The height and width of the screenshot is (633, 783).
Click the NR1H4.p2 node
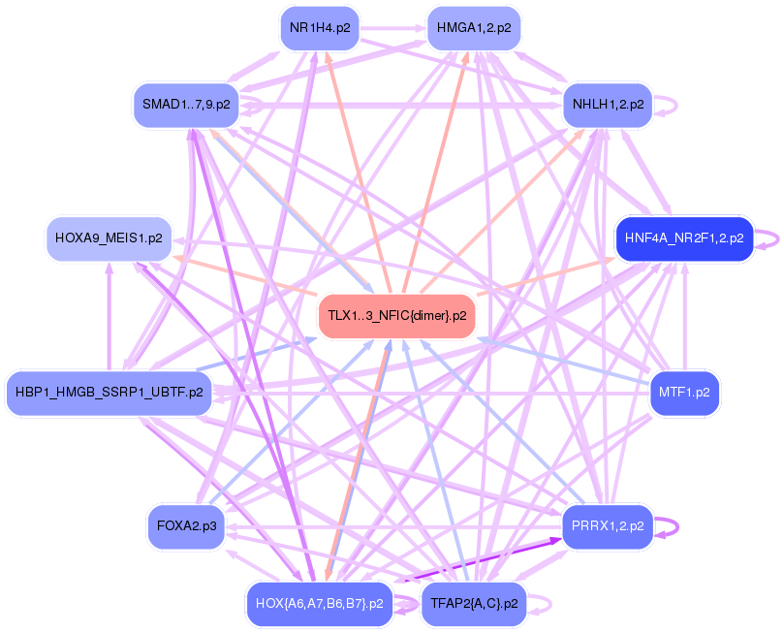(x=319, y=28)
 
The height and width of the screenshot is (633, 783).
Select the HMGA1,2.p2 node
(x=474, y=28)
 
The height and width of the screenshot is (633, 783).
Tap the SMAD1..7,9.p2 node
(x=185, y=104)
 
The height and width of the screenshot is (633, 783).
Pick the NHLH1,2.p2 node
(x=608, y=104)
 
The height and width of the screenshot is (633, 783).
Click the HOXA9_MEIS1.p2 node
(x=109, y=237)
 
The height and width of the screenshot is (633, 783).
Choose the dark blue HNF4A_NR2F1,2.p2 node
(x=683, y=237)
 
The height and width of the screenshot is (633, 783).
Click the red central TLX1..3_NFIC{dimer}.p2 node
(x=396, y=315)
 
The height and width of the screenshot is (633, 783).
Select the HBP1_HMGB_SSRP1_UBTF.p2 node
(x=109, y=393)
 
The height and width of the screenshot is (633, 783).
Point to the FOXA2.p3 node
(x=185, y=526)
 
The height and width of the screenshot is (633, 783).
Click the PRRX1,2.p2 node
(x=608, y=526)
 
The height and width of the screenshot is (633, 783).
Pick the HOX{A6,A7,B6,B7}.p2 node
(x=319, y=603)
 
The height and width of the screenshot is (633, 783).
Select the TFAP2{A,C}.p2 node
(x=474, y=603)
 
